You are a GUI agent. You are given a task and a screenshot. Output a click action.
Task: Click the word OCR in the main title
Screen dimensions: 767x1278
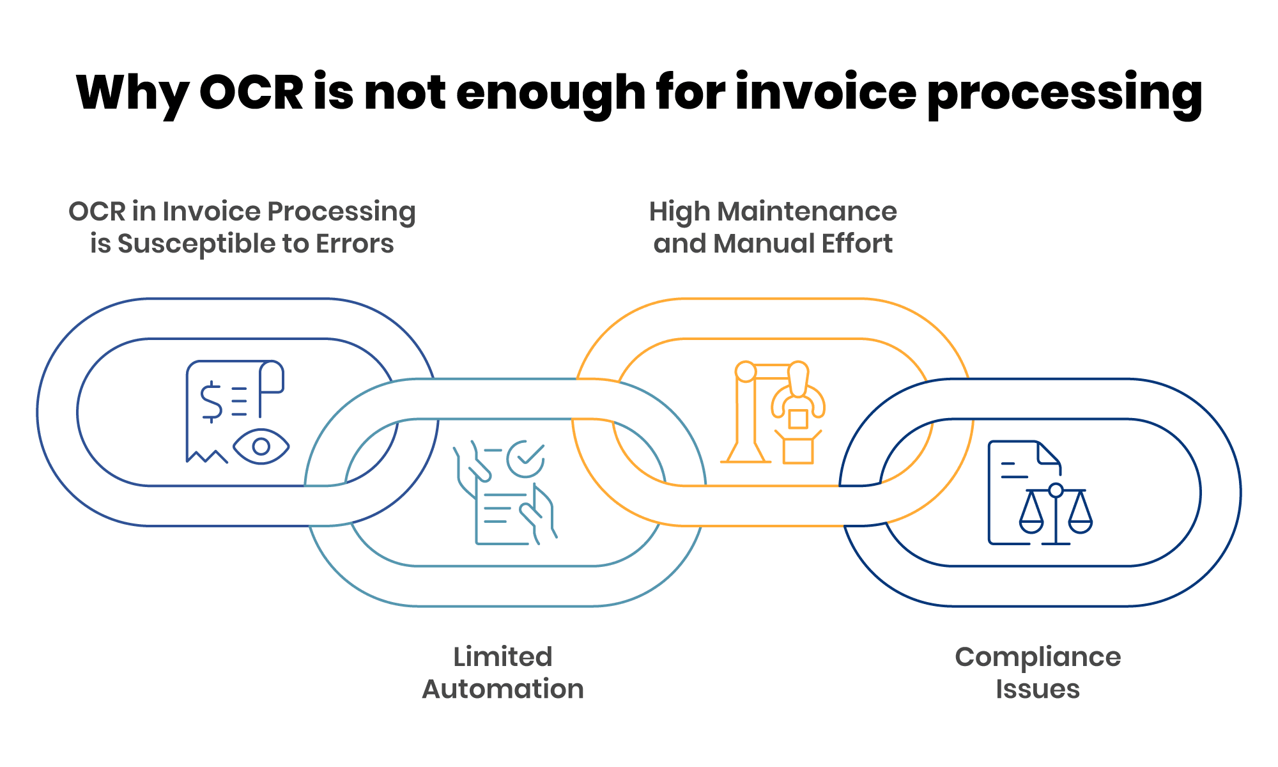pos(251,93)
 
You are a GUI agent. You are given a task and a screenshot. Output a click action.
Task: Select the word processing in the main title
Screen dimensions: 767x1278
pos(1065,93)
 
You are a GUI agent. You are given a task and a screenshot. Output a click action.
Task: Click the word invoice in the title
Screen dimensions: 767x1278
pos(826,93)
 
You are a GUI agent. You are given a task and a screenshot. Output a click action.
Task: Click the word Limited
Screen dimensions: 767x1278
pos(503,657)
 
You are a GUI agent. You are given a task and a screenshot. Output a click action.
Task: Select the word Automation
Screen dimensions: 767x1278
pos(503,690)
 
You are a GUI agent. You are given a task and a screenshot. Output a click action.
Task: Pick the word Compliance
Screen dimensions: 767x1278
pos(1038,657)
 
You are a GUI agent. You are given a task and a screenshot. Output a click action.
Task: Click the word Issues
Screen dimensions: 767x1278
pos(1038,690)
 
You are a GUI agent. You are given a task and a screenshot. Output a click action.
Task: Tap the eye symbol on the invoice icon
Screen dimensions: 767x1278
pos(261,446)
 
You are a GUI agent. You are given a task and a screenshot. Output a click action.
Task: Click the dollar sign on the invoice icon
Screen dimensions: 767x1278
pos(211,401)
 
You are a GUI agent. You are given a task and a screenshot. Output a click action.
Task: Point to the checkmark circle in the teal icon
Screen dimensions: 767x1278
pos(526,458)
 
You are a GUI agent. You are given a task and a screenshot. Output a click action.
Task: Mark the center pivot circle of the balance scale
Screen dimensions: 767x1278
pos(1056,491)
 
